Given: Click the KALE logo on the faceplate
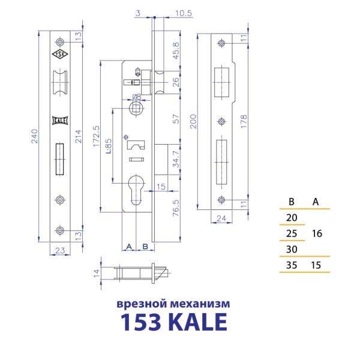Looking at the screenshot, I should point(61,120).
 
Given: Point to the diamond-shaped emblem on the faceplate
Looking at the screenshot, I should point(61,55).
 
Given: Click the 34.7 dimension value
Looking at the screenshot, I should point(175,163).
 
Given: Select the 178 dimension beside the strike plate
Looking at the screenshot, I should point(250,122).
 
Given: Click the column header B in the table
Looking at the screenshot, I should point(292,201).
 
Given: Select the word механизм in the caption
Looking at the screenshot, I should point(205,304).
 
